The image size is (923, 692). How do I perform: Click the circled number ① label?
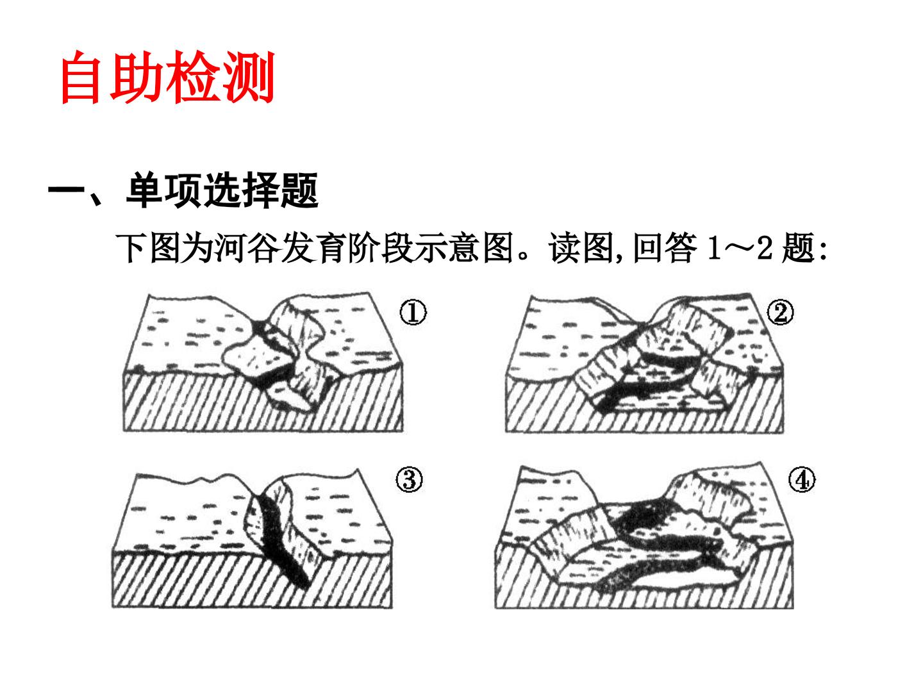(412, 312)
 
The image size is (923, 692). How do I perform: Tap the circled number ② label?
(780, 312)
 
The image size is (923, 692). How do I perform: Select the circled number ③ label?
(409, 480)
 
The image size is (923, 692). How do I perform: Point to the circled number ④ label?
(801, 480)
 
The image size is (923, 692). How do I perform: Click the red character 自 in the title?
(81, 77)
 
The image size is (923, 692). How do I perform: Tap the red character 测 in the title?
(249, 77)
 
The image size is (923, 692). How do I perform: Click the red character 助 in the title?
(137, 77)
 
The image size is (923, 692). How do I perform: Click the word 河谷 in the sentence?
(247, 248)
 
